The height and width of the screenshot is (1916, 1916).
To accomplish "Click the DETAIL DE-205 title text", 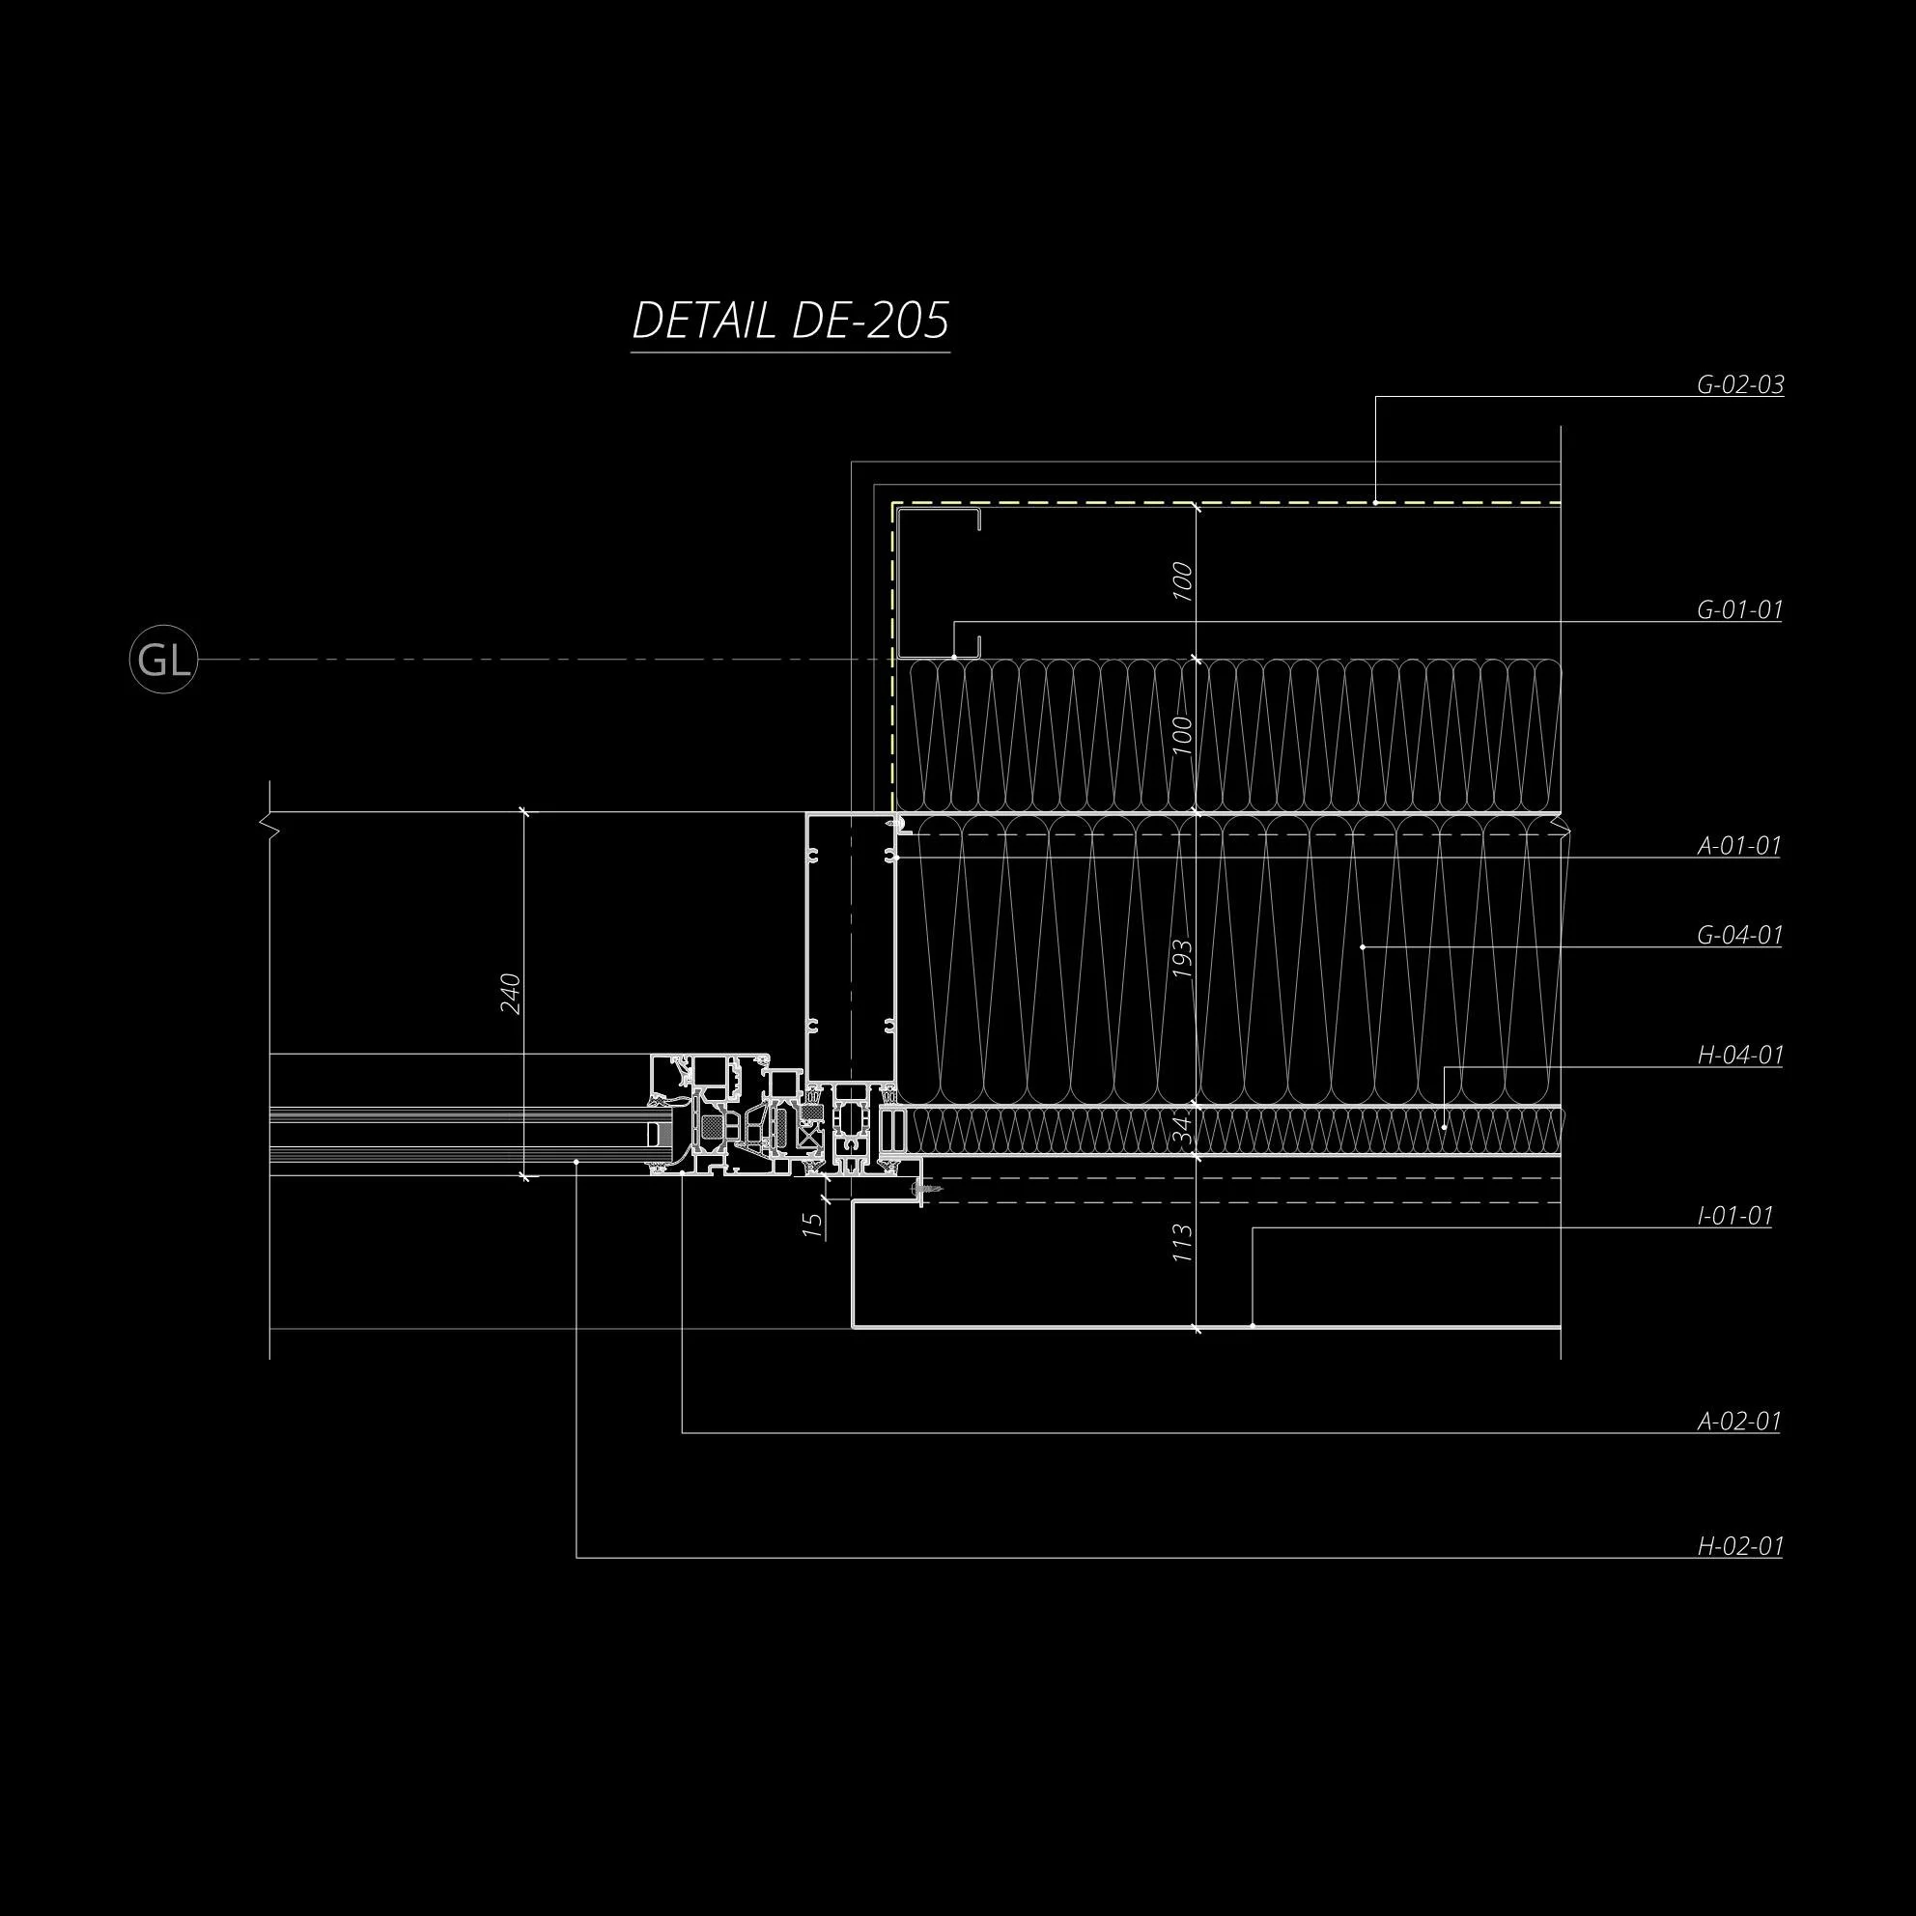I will pos(790,322).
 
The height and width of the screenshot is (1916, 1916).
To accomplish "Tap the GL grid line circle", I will pos(163,660).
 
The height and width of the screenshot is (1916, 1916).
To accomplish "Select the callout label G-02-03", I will pos(1739,384).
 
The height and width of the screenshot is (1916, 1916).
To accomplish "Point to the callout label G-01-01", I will pos(1739,610).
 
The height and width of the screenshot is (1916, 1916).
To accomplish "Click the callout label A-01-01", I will pos(1738,846).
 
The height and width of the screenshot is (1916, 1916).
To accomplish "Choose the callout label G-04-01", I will pos(1739,934).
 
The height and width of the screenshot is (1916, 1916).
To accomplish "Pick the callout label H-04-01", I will pos(1739,1056).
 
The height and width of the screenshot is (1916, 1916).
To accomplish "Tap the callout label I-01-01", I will pos(1734,1216).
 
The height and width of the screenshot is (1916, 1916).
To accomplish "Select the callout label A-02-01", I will pos(1738,1422).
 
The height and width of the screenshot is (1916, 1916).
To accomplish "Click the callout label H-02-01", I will pos(1739,1546).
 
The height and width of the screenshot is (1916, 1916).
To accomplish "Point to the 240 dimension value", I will pos(511,994).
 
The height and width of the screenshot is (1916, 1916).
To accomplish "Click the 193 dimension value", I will pos(1182,958).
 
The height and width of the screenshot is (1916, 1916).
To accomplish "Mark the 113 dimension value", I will pos(1182,1244).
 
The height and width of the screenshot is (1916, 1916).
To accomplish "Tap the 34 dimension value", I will pos(1182,1130).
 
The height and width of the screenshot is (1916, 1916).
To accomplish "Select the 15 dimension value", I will pos(813,1226).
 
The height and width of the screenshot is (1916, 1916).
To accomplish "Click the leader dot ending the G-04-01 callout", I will pos(1363,947).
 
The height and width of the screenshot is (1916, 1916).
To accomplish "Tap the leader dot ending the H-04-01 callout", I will pos(1444,1128).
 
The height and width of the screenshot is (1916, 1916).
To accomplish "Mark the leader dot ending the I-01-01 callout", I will pos(1253,1325).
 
